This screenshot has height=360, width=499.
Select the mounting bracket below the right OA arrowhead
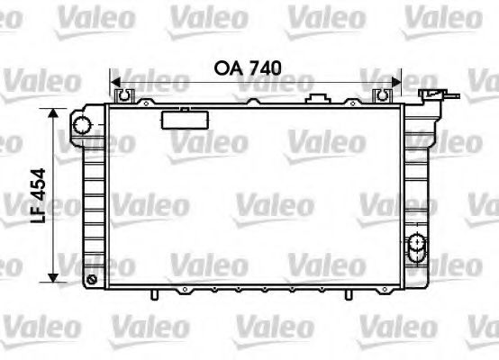click(x=383, y=95)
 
